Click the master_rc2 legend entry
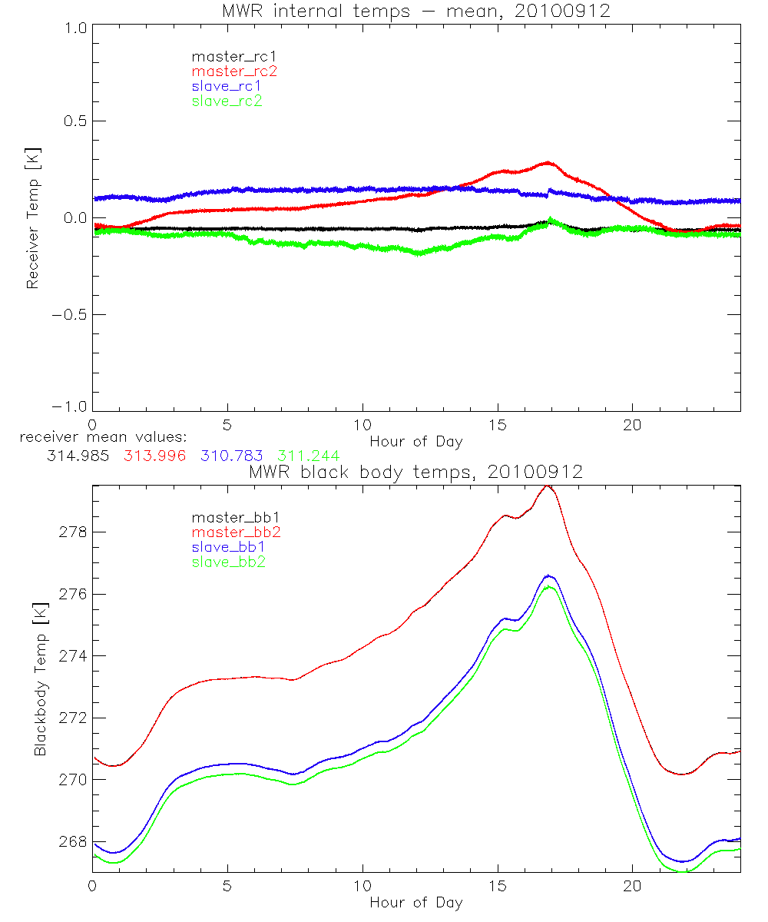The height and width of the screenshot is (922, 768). tap(234, 71)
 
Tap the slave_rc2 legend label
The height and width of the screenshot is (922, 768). tap(227, 101)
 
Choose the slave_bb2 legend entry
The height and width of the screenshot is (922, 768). tap(230, 562)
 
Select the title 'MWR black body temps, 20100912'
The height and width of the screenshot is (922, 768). tap(415, 472)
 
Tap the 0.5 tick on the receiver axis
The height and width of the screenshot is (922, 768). tap(74, 121)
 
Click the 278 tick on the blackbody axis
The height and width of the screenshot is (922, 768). tap(71, 532)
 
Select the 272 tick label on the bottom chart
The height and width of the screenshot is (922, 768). tap(71, 718)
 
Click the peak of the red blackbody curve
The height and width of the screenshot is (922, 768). tap(547, 486)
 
